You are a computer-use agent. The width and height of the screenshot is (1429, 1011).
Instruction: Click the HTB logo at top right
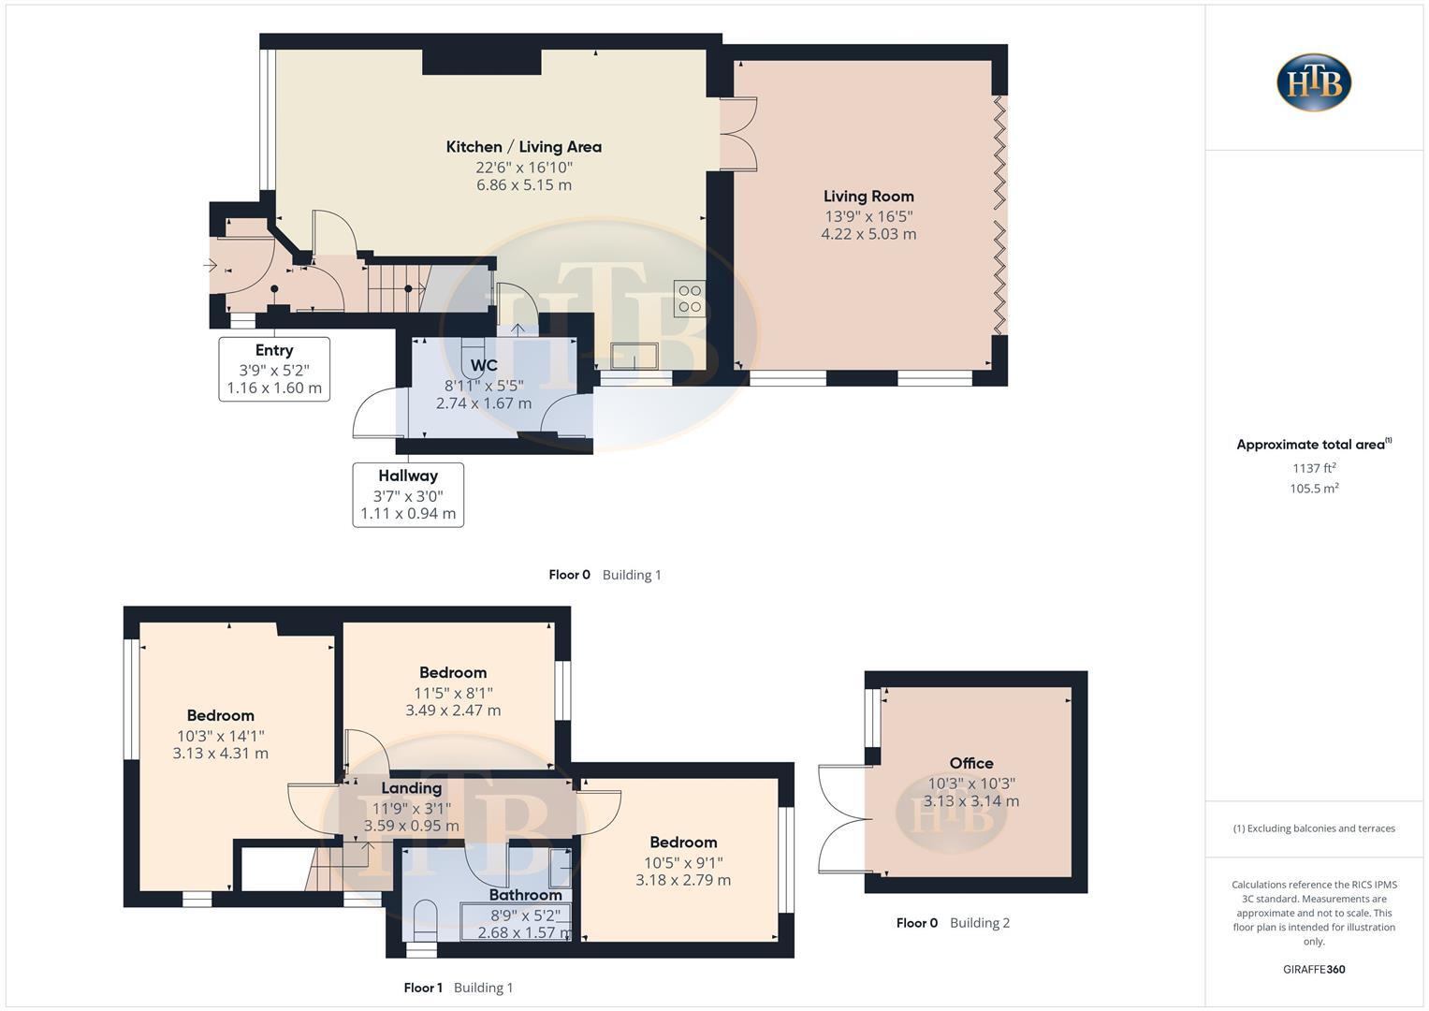pyautogui.click(x=1313, y=82)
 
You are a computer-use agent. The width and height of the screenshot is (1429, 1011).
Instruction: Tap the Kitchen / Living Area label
pyautogui.click(x=523, y=147)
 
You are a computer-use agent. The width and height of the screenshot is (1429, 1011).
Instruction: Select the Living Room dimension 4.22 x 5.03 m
pyautogui.click(x=868, y=234)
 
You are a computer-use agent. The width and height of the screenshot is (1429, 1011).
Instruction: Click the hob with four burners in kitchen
pyautogui.click(x=690, y=299)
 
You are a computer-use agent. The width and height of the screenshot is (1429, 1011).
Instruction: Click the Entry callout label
pyautogui.click(x=274, y=350)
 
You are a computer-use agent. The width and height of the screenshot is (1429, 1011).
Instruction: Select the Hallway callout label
pyautogui.click(x=408, y=476)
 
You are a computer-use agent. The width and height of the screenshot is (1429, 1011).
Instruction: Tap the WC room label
pyautogui.click(x=484, y=365)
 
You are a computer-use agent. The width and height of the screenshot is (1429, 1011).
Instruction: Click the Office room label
pyautogui.click(x=971, y=763)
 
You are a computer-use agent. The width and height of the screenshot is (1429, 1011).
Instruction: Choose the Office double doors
pyautogui.click(x=840, y=820)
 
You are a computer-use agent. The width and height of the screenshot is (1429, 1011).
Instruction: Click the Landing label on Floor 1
pyautogui.click(x=411, y=788)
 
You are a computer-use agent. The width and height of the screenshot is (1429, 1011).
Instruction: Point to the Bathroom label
pyautogui.click(x=525, y=895)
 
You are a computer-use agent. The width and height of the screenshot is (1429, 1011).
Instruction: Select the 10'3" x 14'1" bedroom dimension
pyautogui.click(x=221, y=736)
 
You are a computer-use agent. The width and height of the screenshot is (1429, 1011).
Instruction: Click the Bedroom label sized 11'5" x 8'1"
pyautogui.click(x=453, y=672)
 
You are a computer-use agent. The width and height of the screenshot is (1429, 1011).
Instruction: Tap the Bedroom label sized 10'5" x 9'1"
pyautogui.click(x=683, y=842)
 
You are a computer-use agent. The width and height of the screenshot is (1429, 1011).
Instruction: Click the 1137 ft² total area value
pyautogui.click(x=1314, y=468)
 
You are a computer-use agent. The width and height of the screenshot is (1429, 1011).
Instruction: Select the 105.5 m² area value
pyautogui.click(x=1314, y=489)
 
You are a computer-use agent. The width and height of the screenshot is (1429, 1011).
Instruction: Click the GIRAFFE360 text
pyautogui.click(x=1314, y=970)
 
